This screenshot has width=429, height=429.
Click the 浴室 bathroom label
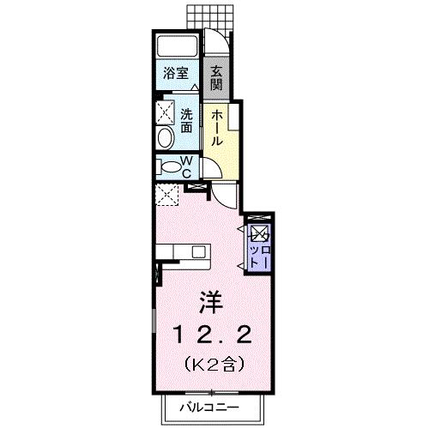[x=178, y=74]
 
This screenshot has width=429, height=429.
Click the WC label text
[x=188, y=166]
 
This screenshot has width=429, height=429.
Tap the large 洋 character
[x=209, y=301]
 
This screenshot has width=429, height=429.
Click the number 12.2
[x=210, y=333]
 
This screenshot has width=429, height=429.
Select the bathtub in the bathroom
[x=178, y=47]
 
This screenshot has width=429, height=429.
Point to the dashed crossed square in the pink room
[x=166, y=194]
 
